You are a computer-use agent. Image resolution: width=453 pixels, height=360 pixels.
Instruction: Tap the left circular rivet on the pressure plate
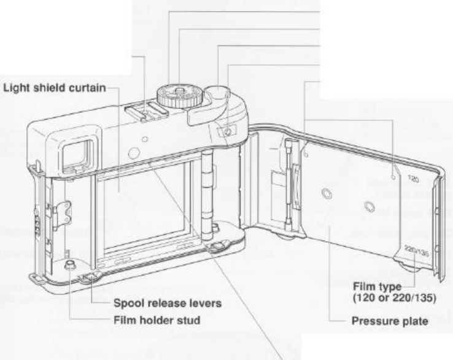click(x=325, y=194)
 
